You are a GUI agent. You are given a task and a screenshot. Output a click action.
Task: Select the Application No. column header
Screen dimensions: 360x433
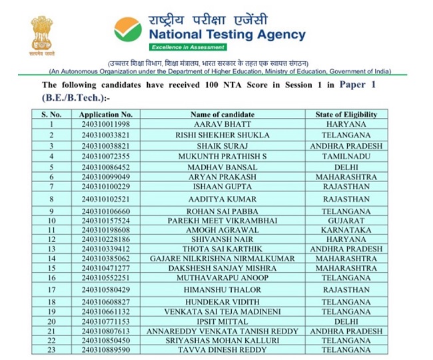[x=107, y=115]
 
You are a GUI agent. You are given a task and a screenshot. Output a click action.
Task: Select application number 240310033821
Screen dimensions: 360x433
[x=107, y=135]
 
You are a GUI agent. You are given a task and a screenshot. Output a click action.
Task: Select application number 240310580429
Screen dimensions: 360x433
[x=107, y=290]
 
